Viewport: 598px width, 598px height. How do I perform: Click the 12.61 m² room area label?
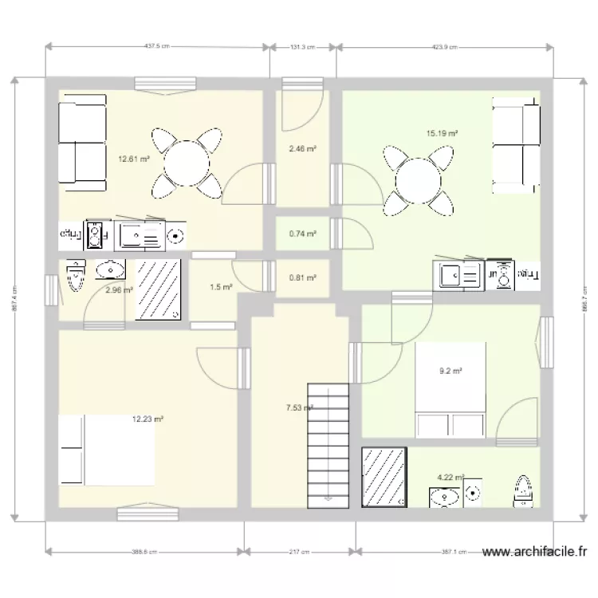(x=133, y=159)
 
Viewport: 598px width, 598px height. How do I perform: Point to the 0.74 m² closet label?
(x=302, y=234)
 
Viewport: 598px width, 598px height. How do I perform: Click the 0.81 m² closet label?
(x=302, y=278)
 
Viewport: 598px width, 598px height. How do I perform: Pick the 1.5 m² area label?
(x=221, y=287)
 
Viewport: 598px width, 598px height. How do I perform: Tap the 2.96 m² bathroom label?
(x=118, y=290)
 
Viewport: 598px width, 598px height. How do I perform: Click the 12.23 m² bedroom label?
(x=148, y=419)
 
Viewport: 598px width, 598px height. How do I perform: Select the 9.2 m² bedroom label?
(x=450, y=370)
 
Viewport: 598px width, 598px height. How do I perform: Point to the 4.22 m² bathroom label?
(x=450, y=478)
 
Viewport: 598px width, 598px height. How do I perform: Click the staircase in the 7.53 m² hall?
(x=329, y=443)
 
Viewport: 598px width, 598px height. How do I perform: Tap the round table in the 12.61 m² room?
(x=187, y=164)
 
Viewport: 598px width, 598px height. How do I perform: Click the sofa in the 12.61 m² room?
(x=82, y=143)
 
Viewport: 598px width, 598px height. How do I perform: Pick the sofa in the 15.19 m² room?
(x=516, y=145)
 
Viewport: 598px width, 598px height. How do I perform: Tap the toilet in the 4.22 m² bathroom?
(x=523, y=490)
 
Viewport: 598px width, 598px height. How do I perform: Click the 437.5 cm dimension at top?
(x=157, y=47)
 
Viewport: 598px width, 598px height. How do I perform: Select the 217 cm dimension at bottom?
(x=301, y=551)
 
